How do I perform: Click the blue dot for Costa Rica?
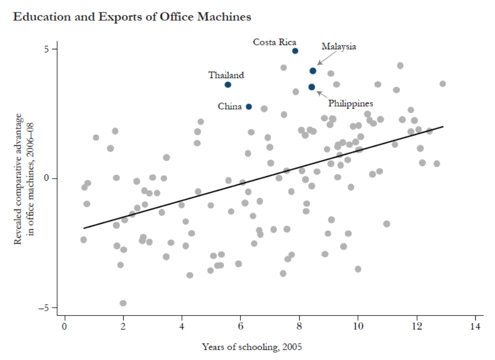[x=295, y=51]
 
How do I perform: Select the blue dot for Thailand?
[x=228, y=85]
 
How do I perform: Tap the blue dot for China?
[x=249, y=107]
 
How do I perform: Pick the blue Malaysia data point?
[x=313, y=71]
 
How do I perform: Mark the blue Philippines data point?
[x=312, y=87]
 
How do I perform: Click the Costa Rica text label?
[x=275, y=42]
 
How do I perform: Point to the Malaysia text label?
[x=339, y=47]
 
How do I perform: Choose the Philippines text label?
[x=351, y=104]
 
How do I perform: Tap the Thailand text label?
[x=226, y=75]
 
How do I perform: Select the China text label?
[x=230, y=107]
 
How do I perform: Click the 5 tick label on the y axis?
[x=47, y=49]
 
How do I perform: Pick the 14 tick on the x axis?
[x=475, y=326]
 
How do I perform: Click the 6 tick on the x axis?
[x=241, y=326]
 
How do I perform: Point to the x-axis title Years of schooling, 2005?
[x=252, y=347]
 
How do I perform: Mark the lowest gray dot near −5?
[x=123, y=303]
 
